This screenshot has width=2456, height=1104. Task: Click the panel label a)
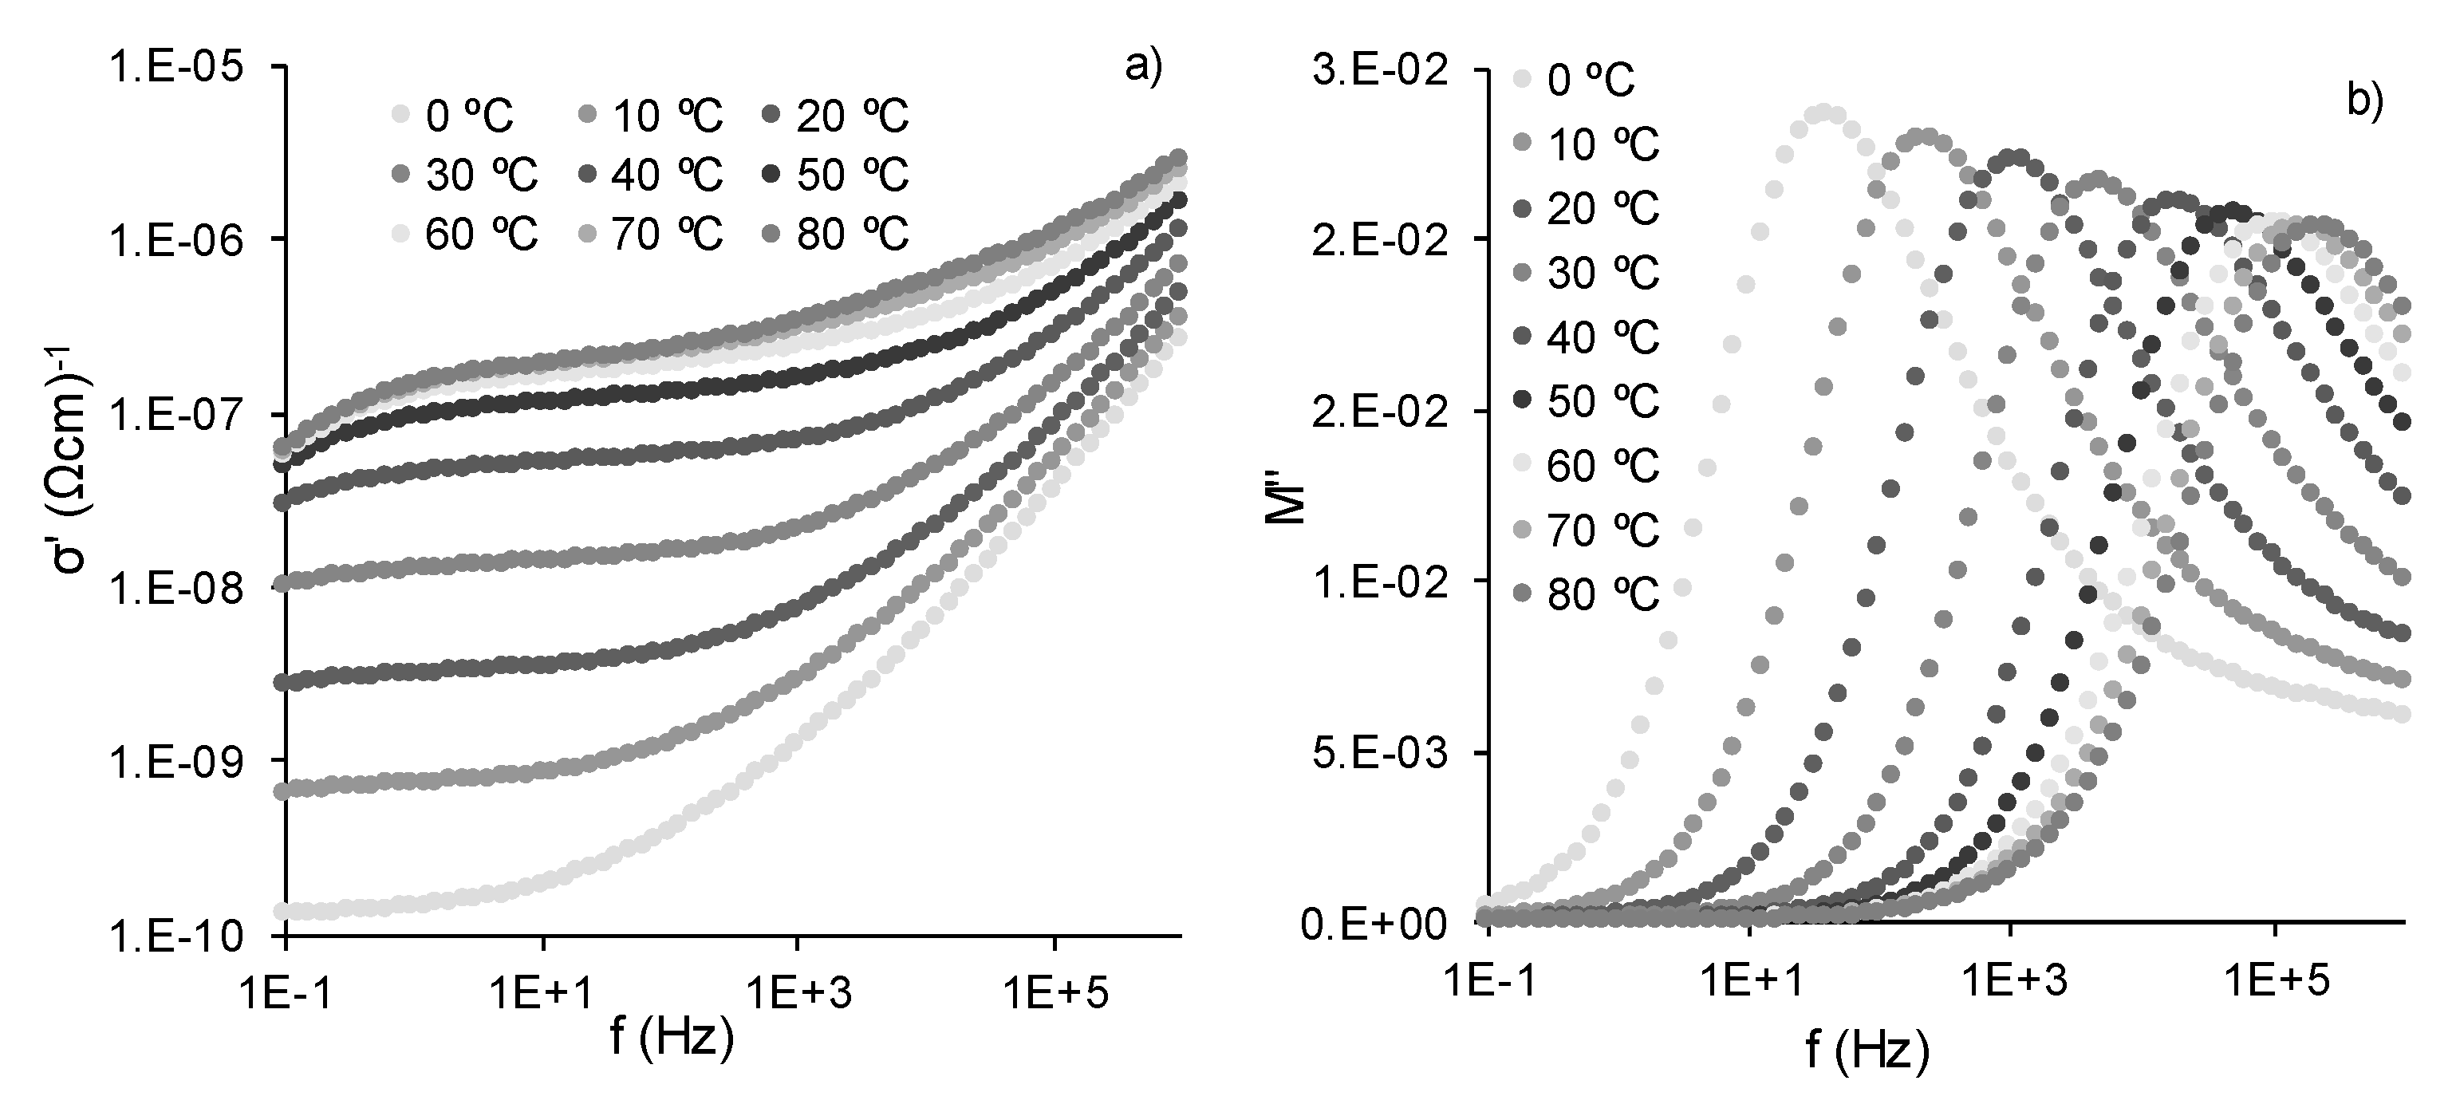[x=1143, y=68]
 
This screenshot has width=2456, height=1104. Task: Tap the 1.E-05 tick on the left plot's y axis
[x=176, y=68]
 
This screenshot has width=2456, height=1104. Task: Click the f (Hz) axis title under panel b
[x=1867, y=1050]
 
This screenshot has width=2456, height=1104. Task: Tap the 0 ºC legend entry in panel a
[x=455, y=116]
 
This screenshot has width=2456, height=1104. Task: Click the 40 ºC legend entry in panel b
[x=1586, y=337]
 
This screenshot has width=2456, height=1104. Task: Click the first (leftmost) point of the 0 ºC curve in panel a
[x=282, y=912]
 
